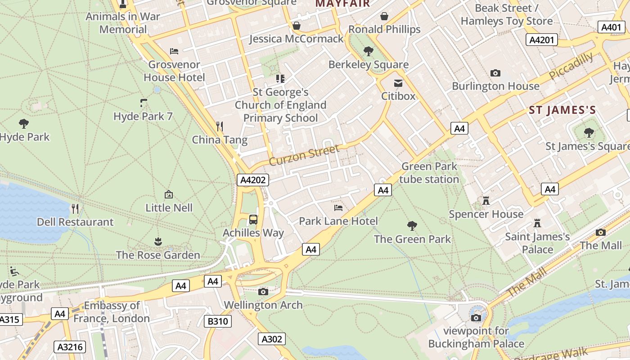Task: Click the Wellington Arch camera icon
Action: point(263,292)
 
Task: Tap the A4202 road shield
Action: point(253,180)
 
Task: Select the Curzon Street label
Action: point(304,155)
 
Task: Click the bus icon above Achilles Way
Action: point(253,220)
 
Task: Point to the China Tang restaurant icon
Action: point(220,126)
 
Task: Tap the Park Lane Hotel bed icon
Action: point(338,207)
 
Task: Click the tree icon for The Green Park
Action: point(412,225)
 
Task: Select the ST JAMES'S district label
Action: point(562,110)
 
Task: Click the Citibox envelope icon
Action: point(398,83)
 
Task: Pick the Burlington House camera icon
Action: point(495,73)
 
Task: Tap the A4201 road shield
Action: point(541,40)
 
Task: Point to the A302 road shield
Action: point(271,339)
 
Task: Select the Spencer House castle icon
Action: point(486,200)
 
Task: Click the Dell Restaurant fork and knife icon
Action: point(75,208)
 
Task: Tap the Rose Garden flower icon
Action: point(158,242)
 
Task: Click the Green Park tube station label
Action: point(429,173)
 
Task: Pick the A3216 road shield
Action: point(70,346)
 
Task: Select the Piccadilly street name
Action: point(571,66)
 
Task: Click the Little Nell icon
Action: point(169,194)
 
